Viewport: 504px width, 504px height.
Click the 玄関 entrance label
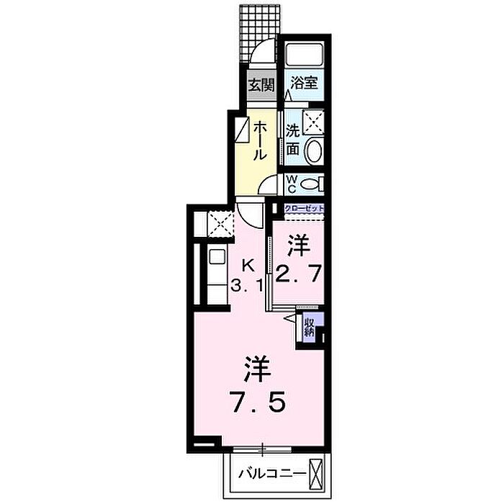tap(262, 85)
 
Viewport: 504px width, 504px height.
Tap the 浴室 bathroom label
tap(304, 83)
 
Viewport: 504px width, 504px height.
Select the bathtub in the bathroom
tap(304, 54)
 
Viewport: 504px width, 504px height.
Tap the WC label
tap(292, 184)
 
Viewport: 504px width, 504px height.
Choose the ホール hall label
tap(260, 141)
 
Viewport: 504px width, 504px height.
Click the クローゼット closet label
tap(304, 208)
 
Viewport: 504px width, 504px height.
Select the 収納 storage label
tap(309, 327)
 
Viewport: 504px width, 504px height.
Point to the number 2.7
tap(298, 274)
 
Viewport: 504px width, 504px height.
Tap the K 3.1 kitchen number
tap(248, 276)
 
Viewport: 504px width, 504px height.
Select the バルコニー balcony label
tap(272, 474)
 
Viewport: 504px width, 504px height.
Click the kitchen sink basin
tap(216, 256)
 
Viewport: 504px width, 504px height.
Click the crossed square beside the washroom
tap(314, 122)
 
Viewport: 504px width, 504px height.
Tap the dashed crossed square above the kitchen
tap(220, 224)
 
